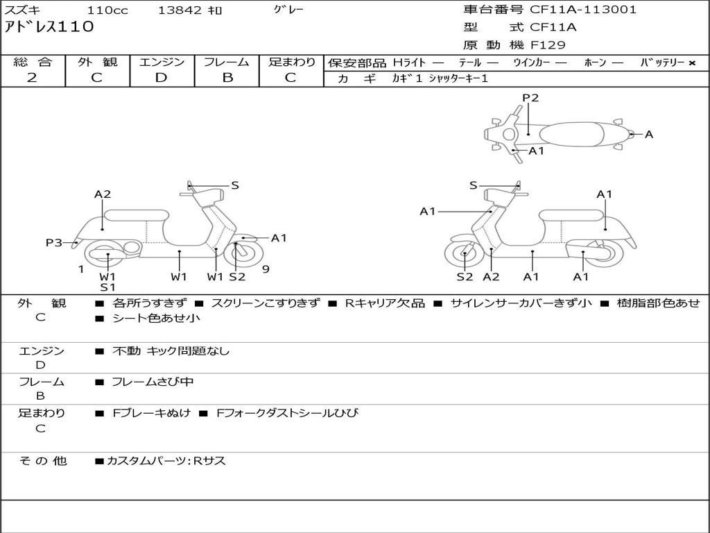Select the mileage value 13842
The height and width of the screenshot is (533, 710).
(180, 10)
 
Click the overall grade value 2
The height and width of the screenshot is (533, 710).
(32, 78)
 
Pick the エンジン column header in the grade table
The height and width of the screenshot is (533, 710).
(162, 62)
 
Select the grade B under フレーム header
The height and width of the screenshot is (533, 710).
(227, 78)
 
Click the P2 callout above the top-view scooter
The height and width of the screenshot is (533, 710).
(530, 98)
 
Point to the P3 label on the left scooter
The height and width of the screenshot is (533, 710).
(54, 242)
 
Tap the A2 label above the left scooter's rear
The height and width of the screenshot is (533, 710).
(103, 194)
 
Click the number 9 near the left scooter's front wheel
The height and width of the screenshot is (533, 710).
(266, 269)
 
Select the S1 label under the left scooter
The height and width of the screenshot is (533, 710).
(107, 287)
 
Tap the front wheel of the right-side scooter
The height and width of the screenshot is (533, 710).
(464, 257)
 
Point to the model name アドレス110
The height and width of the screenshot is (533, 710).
(49, 27)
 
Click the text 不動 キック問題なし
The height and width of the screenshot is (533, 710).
(171, 351)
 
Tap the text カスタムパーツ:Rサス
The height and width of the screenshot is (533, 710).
(166, 461)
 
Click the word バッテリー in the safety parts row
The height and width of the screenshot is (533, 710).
(662, 62)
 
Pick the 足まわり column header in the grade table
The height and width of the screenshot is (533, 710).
(292, 62)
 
